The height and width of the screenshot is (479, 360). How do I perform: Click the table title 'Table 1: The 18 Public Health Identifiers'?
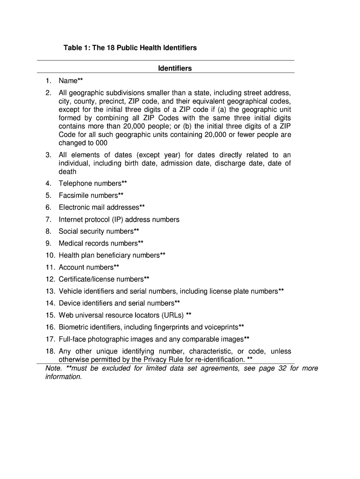(x=130, y=48)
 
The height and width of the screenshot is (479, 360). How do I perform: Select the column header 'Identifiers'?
(x=175, y=68)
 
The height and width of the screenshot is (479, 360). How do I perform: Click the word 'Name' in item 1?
(x=68, y=81)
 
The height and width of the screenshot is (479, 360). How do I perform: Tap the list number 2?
(x=48, y=93)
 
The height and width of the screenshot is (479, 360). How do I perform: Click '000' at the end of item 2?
(x=101, y=143)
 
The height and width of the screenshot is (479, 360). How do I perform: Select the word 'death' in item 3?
(x=67, y=172)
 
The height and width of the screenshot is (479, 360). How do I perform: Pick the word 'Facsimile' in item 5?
(x=74, y=196)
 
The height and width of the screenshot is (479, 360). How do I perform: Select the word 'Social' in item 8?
(x=68, y=231)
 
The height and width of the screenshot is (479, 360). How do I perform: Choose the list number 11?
(x=50, y=267)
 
